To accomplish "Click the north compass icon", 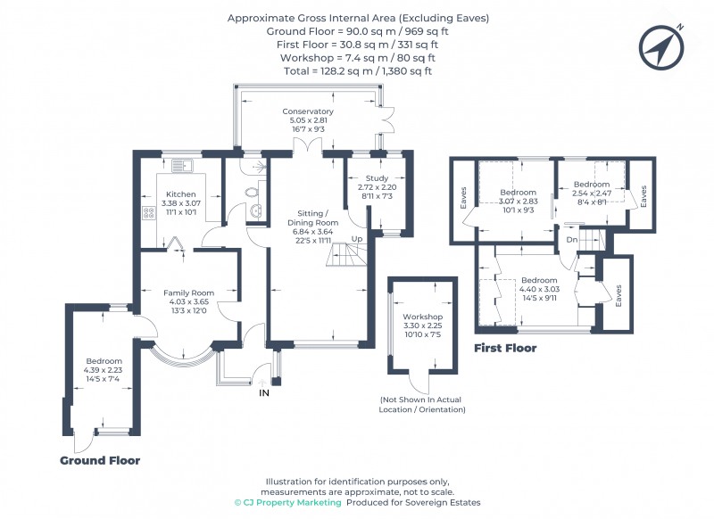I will (660, 46).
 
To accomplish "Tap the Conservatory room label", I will (308, 111).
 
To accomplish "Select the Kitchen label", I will (181, 194).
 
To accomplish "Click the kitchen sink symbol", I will (182, 166).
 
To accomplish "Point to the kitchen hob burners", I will (147, 214).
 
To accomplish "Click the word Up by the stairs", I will (357, 239).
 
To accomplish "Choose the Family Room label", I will (187, 292).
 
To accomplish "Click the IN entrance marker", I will (263, 392).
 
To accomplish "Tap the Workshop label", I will (422, 317).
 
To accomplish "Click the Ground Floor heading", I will (100, 461).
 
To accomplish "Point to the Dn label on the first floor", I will (572, 240).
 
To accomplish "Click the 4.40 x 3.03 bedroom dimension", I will (540, 289).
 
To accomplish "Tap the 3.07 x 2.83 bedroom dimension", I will (518, 202).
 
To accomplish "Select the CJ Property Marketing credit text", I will (287, 503).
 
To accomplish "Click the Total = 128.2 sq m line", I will (357, 70).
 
